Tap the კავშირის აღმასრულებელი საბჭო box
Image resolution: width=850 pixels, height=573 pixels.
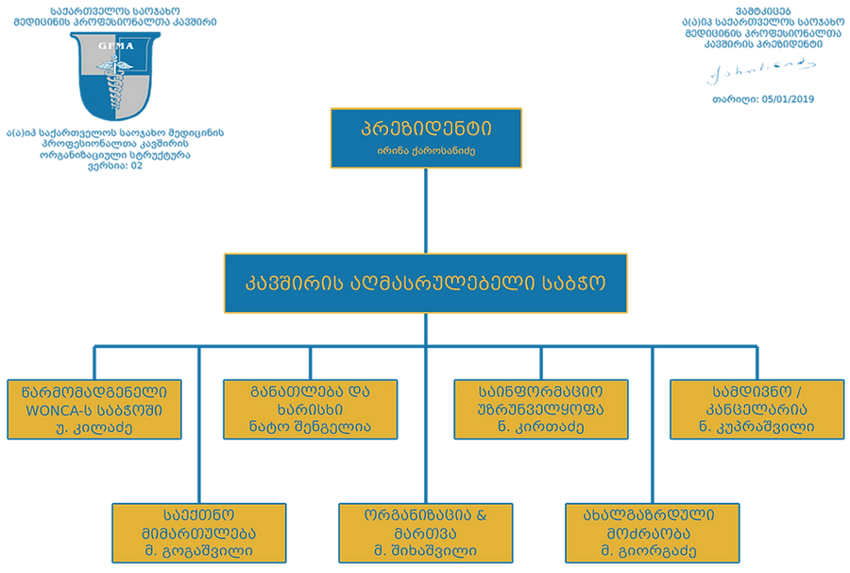point(425,283)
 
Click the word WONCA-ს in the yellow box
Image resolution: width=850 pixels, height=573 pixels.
point(58,409)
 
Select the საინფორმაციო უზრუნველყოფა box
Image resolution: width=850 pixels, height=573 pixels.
point(541,408)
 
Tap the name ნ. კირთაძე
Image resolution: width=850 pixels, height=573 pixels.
point(541,427)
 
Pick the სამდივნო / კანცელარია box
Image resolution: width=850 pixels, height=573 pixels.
point(755,408)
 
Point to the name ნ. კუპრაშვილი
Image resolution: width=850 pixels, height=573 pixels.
point(755,427)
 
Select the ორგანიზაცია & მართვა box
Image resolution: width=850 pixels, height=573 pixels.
point(425,531)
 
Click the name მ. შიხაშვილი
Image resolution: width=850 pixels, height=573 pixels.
point(425,550)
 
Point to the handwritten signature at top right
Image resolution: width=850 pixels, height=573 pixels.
point(761,67)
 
